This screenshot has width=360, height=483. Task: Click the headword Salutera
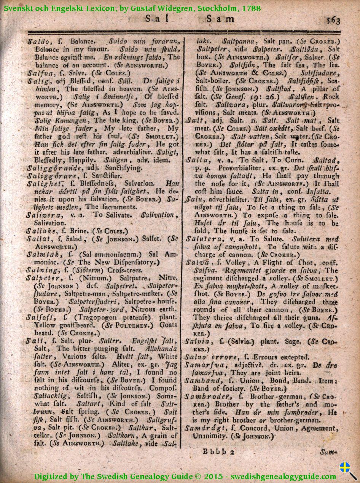[x=201, y=239]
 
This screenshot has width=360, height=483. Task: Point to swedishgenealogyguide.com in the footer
[x=283, y=476]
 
